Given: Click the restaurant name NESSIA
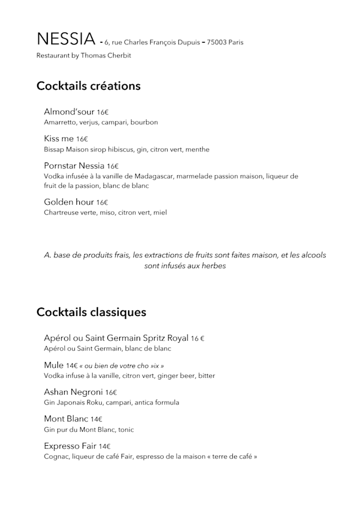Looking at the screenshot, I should click(66, 39).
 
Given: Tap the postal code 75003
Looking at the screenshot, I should click(217, 42).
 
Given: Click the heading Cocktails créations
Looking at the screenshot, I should click(88, 86).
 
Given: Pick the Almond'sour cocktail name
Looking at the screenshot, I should click(69, 112).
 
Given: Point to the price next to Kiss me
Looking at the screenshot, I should click(82, 139).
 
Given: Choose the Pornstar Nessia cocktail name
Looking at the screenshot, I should click(74, 166).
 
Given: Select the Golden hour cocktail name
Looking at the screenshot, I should click(69, 202).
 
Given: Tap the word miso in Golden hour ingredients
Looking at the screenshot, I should click(107, 212).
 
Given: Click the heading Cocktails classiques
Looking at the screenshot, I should click(91, 312).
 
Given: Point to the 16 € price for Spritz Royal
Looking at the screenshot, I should click(197, 338).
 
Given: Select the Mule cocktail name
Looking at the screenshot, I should click(54, 365).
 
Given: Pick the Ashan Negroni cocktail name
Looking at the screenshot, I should click(73, 392).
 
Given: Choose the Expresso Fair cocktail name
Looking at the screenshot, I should click(70, 446).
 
